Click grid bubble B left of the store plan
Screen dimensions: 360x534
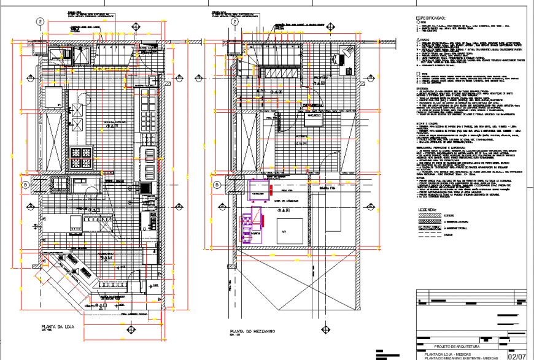[25, 184]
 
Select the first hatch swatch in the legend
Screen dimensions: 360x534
[436, 215]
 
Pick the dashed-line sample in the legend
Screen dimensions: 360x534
[436, 234]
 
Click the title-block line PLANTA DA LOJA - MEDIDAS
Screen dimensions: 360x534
[451, 353]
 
